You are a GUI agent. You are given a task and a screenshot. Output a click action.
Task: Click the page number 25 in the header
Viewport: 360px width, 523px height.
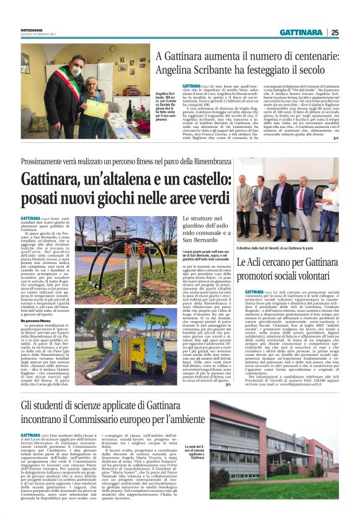[x=335, y=33]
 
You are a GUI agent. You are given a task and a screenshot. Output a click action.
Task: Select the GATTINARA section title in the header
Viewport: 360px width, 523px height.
[x=301, y=33]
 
